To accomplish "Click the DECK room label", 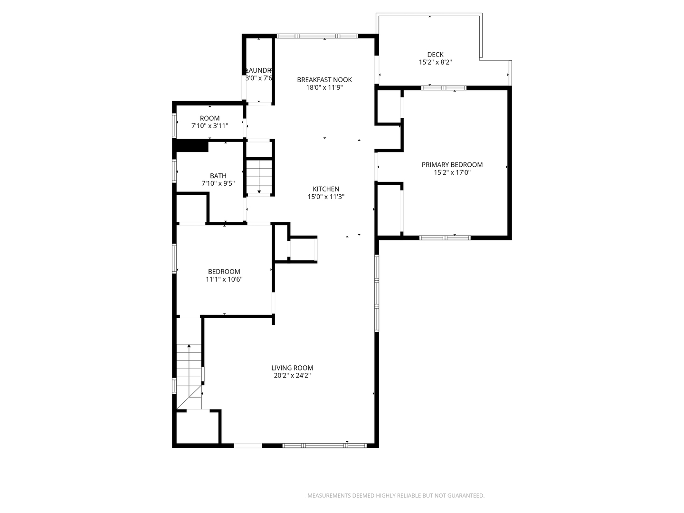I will click(x=435, y=55).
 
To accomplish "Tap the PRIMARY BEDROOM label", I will click(x=452, y=165).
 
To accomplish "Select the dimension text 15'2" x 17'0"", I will click(x=452, y=172).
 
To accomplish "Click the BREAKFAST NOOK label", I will click(x=324, y=80).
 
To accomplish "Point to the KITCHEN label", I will click(x=326, y=189).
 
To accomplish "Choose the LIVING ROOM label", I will click(x=292, y=368).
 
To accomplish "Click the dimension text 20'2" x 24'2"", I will click(x=292, y=375).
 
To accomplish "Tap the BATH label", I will click(x=218, y=176).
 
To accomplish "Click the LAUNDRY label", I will click(x=259, y=70).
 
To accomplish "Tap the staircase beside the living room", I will click(x=189, y=375).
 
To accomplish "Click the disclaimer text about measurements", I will click(x=396, y=495).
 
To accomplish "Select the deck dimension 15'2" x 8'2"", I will click(x=435, y=62).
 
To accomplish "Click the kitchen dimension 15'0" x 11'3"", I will click(x=326, y=197).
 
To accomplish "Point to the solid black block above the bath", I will click(x=192, y=145).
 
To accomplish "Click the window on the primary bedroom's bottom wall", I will click(x=445, y=237).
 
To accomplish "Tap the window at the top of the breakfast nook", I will click(x=317, y=36).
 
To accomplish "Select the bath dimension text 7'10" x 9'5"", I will click(x=218, y=183).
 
